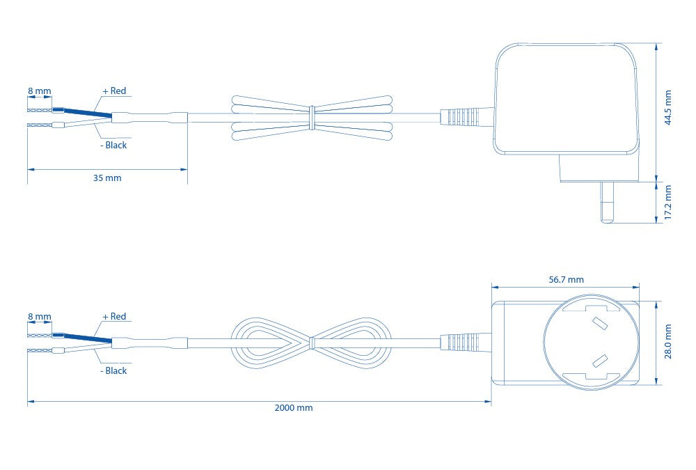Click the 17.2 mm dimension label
668,203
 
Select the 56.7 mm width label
566,279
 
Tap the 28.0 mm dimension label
668,342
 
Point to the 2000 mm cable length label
294,408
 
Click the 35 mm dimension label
107,178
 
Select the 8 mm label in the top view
39,91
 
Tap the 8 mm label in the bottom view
39,317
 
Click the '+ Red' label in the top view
114,91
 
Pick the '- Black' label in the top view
113,146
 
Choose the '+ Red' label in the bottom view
114,317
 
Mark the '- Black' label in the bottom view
113,371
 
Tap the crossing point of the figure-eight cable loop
311,343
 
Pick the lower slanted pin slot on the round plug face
598,361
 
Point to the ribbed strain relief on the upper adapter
464,117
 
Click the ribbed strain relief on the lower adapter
464,343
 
